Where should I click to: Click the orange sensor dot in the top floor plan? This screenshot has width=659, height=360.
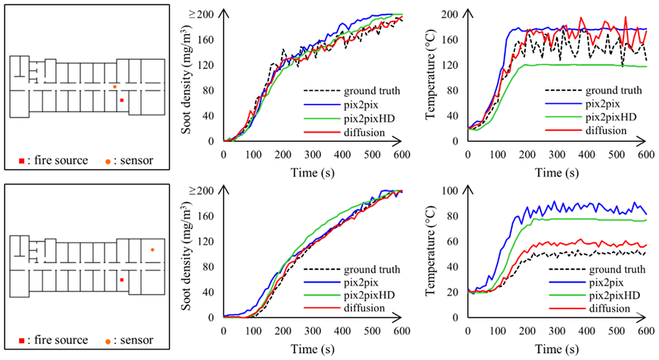pyautogui.click(x=114, y=86)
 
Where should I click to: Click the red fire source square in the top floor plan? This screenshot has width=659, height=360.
pyautogui.click(x=121, y=99)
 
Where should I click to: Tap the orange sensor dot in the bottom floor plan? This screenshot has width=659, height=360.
pyautogui.click(x=152, y=249)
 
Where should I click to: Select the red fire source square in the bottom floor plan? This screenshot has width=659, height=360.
pyautogui.click(x=121, y=280)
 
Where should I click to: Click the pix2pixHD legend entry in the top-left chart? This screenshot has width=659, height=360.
pyautogui.click(x=370, y=117)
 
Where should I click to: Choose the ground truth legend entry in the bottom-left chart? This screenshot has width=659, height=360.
pyautogui.click(x=369, y=270)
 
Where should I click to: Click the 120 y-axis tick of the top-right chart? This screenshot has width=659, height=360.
pyautogui.click(x=452, y=65)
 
